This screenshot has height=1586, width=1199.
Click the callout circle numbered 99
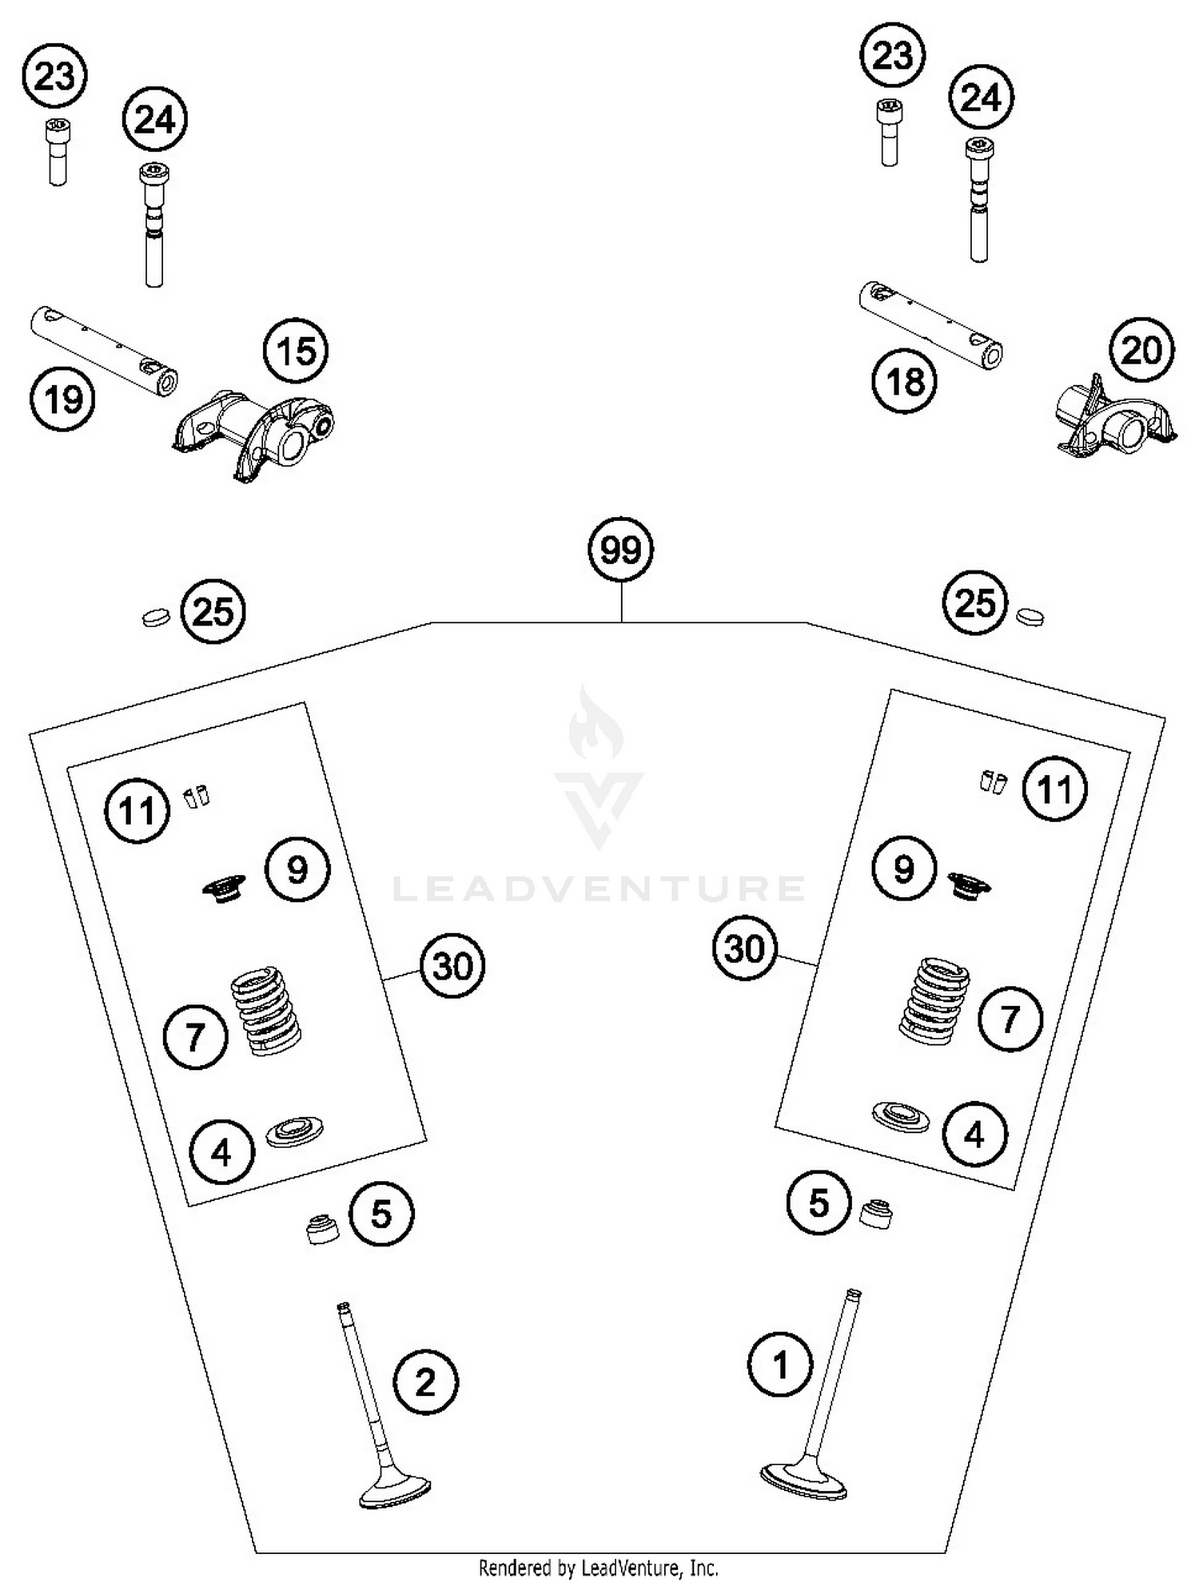click(620, 550)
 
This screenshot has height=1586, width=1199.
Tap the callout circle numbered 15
click(297, 351)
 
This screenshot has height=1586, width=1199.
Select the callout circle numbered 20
click(1141, 350)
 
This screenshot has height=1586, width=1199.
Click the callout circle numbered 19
click(62, 398)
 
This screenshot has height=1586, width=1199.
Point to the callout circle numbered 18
click(905, 381)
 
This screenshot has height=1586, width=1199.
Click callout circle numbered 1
click(780, 1365)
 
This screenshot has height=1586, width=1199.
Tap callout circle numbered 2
click(425, 1382)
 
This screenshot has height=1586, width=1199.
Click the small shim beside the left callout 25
click(156, 617)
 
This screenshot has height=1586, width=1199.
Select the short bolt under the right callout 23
click(888, 132)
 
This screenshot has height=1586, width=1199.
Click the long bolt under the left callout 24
click(154, 225)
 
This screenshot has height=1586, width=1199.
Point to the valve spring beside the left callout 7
click(265, 1011)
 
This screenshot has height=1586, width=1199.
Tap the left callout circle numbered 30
click(452, 966)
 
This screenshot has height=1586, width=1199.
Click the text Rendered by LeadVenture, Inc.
click(598, 1568)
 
